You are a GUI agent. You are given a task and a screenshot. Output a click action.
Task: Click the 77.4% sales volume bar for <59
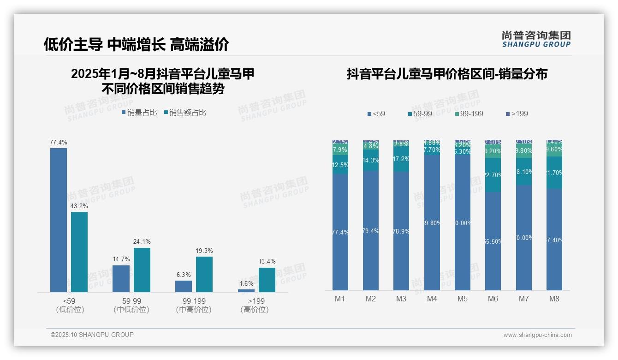click(x=59, y=220)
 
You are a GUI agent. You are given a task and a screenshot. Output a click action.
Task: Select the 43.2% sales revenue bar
click(x=79, y=252)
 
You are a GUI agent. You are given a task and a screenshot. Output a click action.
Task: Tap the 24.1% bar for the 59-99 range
click(x=142, y=270)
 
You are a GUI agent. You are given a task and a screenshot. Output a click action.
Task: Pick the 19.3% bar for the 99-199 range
click(x=204, y=274)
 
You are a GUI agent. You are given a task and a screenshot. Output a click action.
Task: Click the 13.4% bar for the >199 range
click(x=267, y=280)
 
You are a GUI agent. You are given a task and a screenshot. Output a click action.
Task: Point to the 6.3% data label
click(x=183, y=275)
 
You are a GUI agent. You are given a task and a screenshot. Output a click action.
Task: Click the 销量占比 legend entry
click(x=139, y=113)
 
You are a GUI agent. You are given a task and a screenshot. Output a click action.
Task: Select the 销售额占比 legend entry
click(x=185, y=113)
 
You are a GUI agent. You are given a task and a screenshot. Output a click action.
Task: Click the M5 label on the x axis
click(x=463, y=299)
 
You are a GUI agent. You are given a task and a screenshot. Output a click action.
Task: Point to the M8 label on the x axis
click(x=554, y=299)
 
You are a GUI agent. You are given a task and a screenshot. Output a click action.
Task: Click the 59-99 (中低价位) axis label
click(x=131, y=305)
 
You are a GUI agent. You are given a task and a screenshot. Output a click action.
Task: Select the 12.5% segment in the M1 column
click(x=340, y=165)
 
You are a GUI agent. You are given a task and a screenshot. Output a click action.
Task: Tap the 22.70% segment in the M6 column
click(x=493, y=175)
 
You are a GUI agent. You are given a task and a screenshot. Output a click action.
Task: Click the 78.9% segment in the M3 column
click(x=401, y=231)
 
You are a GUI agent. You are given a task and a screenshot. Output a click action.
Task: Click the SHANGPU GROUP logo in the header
click(x=536, y=39)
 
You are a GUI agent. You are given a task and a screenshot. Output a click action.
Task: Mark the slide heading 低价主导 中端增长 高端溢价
click(x=137, y=44)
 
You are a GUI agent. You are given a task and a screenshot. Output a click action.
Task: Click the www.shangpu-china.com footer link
click(x=537, y=335)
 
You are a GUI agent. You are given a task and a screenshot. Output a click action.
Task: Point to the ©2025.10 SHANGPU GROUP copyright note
click(x=92, y=335)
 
